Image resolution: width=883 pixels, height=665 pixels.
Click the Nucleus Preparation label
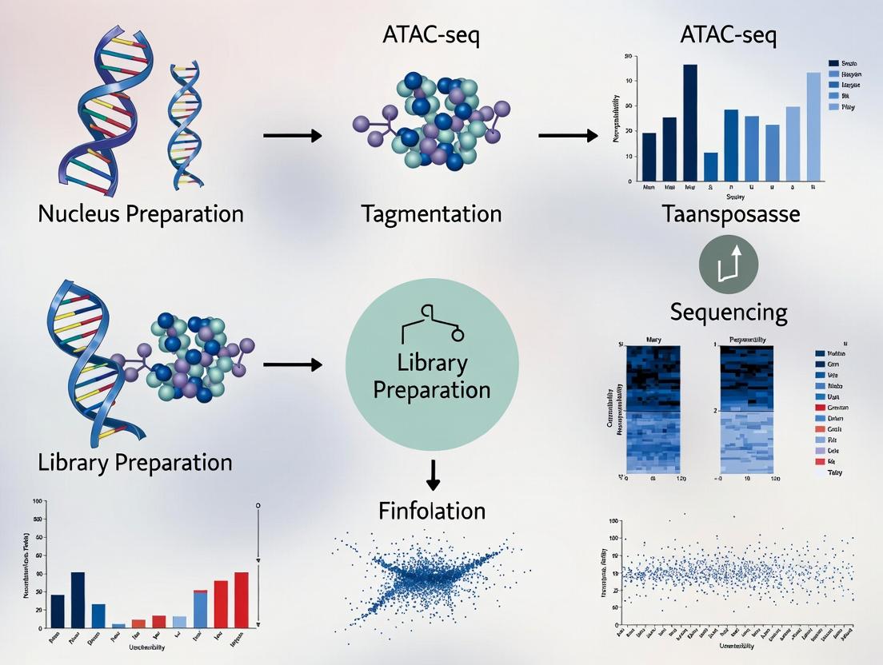(140, 214)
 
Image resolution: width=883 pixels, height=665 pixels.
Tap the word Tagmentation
(431, 214)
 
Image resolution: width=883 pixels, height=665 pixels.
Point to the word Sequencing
(729, 311)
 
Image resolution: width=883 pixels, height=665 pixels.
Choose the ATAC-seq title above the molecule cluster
(433, 36)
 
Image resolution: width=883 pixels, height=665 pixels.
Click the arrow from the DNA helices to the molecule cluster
(292, 135)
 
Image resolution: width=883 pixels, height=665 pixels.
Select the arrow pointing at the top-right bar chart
(568, 135)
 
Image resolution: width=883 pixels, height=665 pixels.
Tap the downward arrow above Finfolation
(433, 473)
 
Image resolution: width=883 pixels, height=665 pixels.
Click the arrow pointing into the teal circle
(292, 365)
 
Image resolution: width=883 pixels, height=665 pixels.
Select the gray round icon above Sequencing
(728, 264)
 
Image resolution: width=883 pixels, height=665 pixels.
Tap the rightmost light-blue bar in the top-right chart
(813, 126)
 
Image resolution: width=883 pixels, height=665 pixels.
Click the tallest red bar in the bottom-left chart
(242, 599)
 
